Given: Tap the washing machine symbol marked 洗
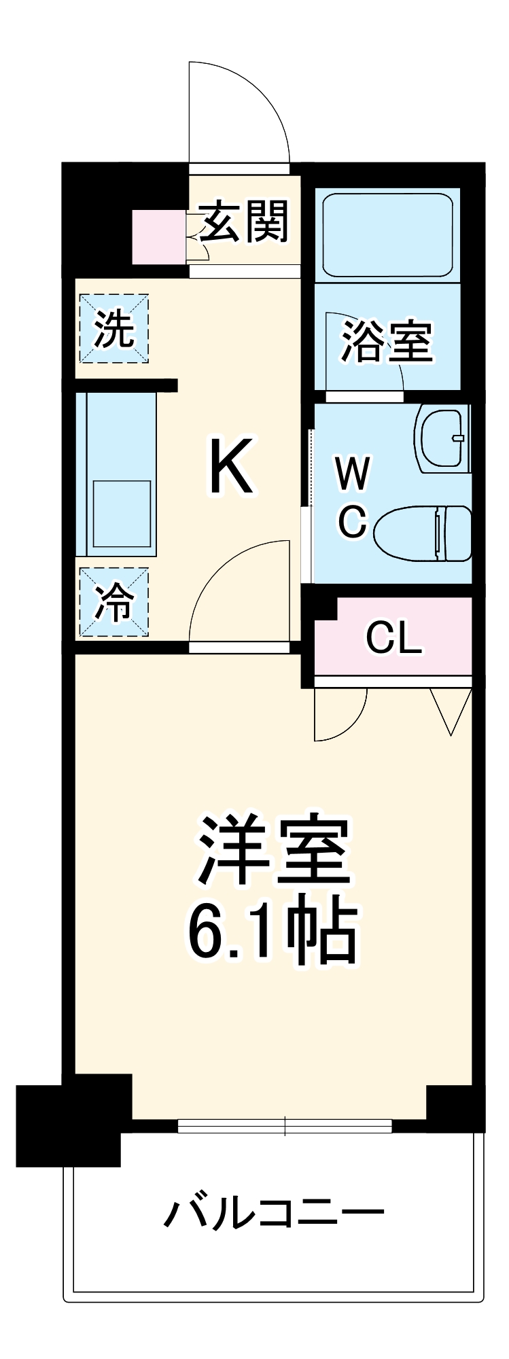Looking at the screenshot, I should [113, 329].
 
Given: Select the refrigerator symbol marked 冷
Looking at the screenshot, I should [113, 602].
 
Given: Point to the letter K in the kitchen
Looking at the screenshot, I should [232, 467].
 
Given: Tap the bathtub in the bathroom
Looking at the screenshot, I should [387, 234].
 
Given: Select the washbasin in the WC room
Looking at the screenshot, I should [443, 438].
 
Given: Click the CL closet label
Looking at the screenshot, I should [393, 638].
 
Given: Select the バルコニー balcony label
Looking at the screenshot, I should [274, 1213].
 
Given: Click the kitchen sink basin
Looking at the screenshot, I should [122, 514].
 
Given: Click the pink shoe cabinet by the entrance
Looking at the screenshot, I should [158, 237].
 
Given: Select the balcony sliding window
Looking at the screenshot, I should [285, 1126].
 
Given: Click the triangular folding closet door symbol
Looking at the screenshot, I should [451, 709].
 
